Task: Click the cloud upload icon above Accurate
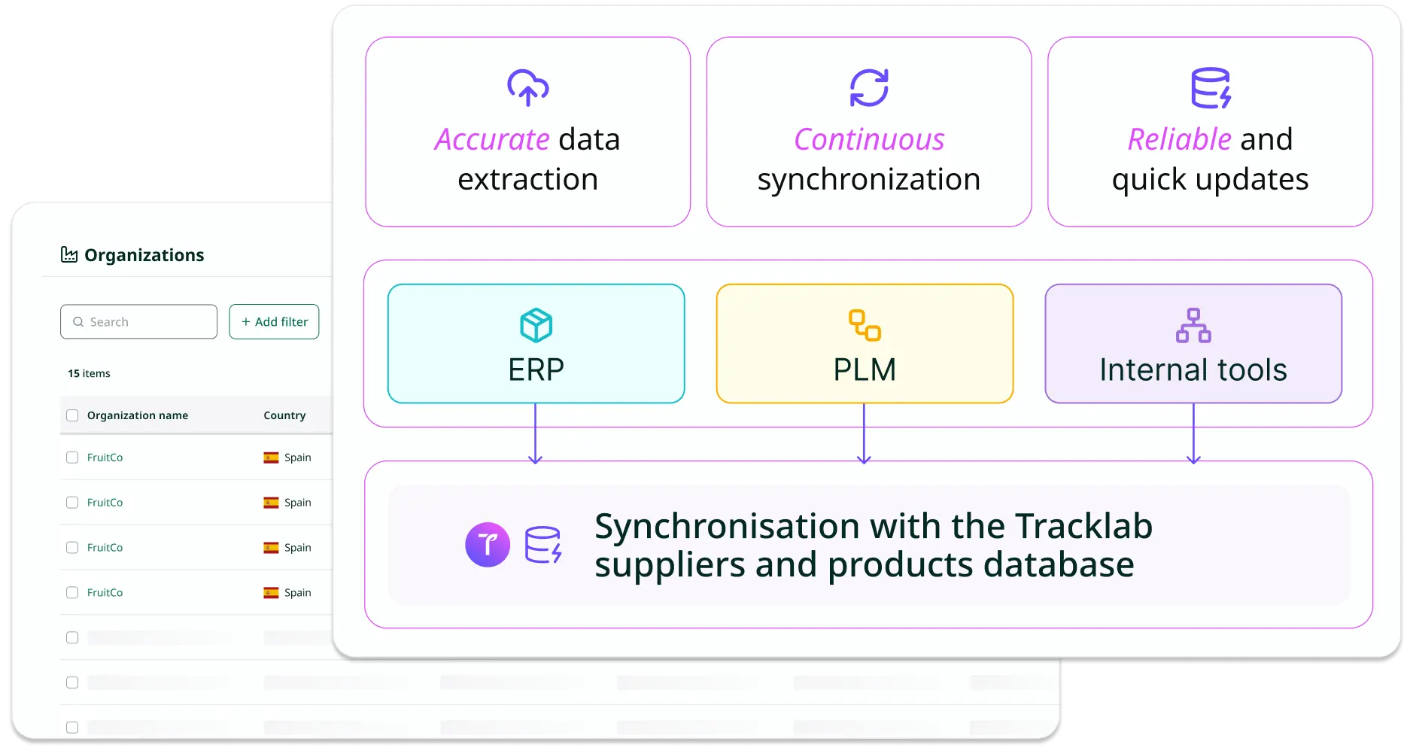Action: coord(527,87)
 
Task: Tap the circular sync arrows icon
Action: coord(869,87)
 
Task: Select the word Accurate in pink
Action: coord(492,140)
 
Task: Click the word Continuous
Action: coord(869,140)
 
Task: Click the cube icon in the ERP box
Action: coord(536,325)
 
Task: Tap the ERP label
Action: coord(536,370)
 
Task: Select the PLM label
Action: coord(865,370)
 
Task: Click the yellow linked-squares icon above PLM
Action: coord(865,325)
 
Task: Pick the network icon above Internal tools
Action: coord(1193,325)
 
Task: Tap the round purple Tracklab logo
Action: coord(488,544)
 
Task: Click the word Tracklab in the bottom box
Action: coord(1083,527)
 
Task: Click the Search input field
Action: coord(139,322)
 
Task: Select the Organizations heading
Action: coord(144,255)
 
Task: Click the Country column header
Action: coord(284,415)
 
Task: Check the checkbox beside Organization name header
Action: coord(72,415)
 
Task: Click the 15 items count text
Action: coord(89,373)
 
